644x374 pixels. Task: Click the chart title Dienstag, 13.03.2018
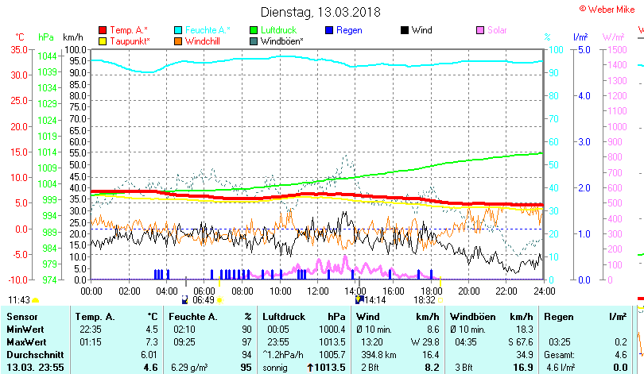tap(320, 13)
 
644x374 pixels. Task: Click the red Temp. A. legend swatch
tap(102, 30)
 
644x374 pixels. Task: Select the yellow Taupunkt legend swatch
tap(102, 40)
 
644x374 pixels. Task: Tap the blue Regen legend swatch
tap(330, 30)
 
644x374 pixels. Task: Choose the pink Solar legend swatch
tap(480, 30)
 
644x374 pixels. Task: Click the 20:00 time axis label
tap(468, 291)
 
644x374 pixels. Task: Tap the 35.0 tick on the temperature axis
tap(18, 49)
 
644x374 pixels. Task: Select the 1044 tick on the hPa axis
tap(47, 56)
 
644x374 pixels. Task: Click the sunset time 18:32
tap(423, 300)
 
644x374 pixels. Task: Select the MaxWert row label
tap(25, 341)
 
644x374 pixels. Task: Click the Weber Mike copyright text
tap(611, 8)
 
